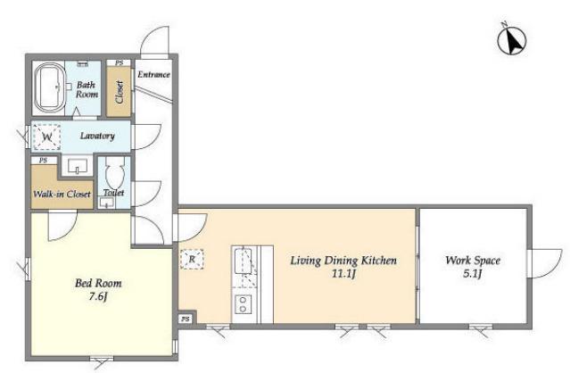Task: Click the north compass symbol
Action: [512, 39]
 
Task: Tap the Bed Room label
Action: [98, 283]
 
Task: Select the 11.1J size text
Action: [343, 273]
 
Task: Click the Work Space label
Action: [473, 261]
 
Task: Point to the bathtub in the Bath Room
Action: [49, 87]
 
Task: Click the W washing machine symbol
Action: [46, 137]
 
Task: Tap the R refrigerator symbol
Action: [192, 259]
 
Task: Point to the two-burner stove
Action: [243, 304]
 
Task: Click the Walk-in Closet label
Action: [62, 195]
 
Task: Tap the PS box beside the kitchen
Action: [186, 319]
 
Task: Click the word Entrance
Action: [153, 75]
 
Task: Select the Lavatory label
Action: [97, 136]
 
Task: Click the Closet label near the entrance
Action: [120, 92]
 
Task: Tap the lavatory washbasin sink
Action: [77, 166]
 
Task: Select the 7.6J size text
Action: [98, 296]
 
